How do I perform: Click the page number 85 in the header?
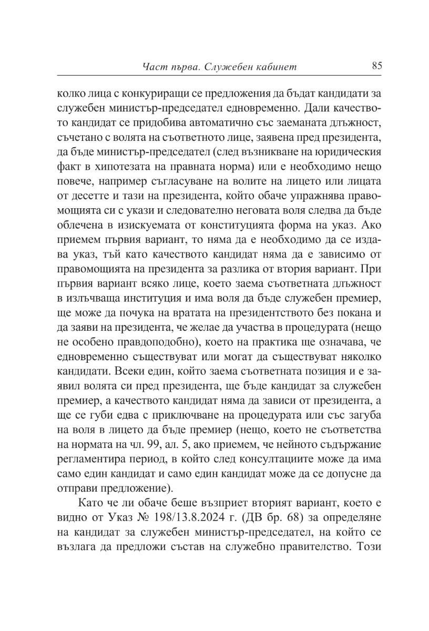376,66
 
